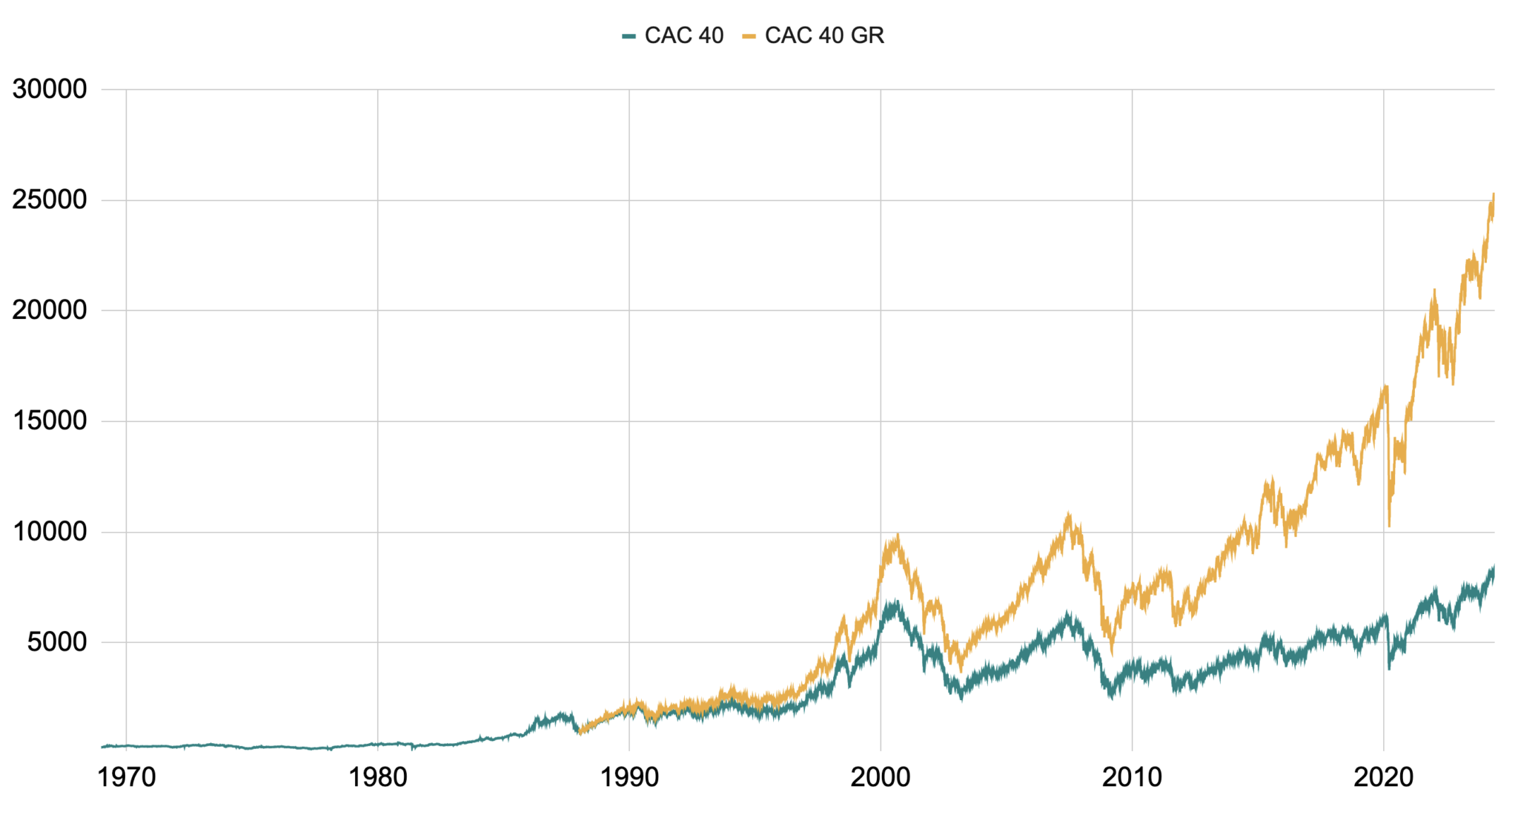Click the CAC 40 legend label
click(683, 36)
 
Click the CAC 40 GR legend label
click(824, 36)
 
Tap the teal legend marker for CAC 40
click(629, 36)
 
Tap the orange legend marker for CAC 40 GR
click(749, 36)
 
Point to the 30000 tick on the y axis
click(50, 90)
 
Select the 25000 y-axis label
click(50, 200)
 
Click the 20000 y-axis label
click(50, 311)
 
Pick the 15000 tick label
click(50, 421)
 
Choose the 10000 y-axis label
click(50, 532)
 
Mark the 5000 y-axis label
click(57, 642)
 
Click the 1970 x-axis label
click(127, 778)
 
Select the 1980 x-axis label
click(378, 778)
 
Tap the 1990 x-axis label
click(629, 778)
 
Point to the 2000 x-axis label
click(881, 778)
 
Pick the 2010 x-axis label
click(1132, 778)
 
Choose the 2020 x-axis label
click(1383, 778)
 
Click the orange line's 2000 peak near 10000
click(898, 535)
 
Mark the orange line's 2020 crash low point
click(1389, 526)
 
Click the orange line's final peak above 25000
click(1494, 194)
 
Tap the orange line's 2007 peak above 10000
click(1068, 513)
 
